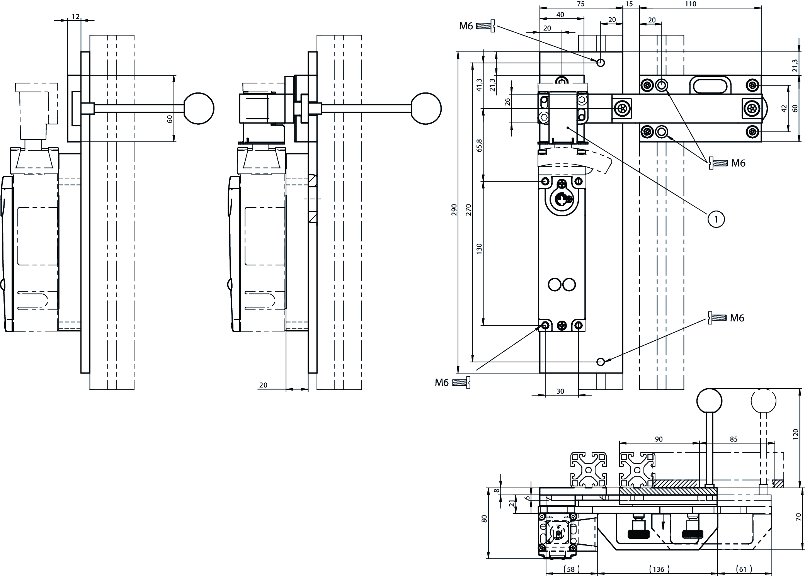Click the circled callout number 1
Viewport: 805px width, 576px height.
716,219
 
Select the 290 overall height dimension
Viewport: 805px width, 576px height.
454,209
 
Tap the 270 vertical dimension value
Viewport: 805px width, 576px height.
469,209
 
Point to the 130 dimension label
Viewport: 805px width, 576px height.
479,248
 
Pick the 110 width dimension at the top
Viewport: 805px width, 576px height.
690,4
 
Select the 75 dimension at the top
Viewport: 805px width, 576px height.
580,4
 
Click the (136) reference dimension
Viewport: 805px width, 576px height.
657,569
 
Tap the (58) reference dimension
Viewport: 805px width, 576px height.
572,569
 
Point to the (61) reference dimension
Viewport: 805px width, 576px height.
744,569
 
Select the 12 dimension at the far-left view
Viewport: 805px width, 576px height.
75,16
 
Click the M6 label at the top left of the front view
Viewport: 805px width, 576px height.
466,26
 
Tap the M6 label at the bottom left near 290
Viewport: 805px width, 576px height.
442,382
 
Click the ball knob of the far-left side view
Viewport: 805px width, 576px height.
199,109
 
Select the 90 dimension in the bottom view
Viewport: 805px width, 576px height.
659,439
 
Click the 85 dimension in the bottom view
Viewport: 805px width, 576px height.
734,439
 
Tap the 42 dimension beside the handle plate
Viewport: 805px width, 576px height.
784,109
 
